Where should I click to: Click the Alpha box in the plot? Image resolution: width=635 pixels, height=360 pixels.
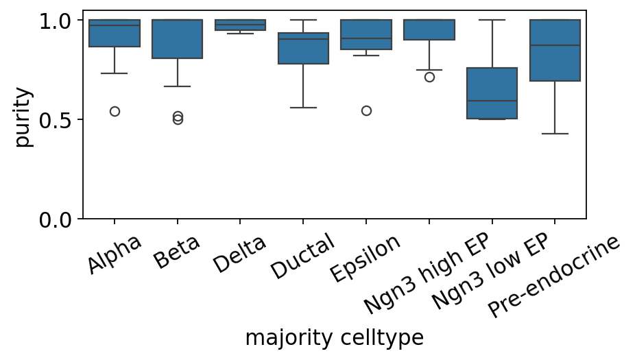tap(115, 33)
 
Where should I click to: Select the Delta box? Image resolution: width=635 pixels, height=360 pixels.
tap(240, 25)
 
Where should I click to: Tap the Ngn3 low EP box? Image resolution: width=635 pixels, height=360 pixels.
tap(492, 93)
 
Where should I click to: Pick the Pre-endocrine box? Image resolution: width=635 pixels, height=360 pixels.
tap(555, 50)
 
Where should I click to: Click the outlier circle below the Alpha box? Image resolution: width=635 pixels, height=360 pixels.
tap(115, 111)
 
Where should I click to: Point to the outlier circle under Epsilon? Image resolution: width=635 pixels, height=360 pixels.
tap(366, 110)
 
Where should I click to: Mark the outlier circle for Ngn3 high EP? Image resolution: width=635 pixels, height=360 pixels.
tap(429, 77)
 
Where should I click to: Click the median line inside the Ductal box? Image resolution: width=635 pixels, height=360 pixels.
tap(303, 39)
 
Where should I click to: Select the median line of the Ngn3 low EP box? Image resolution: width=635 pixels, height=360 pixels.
tap(492, 100)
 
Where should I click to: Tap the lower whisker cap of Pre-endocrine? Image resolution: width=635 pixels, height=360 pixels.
tap(555, 134)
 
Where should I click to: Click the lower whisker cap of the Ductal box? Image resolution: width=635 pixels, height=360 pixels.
tap(303, 108)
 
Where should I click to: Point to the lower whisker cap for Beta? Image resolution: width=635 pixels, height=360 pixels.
tap(178, 86)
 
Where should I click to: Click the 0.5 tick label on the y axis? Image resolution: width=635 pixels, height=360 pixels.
tap(55, 119)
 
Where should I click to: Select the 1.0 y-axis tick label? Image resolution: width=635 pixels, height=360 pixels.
tap(55, 21)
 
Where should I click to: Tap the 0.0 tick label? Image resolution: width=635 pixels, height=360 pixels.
tap(55, 220)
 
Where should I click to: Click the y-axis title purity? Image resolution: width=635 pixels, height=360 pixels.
tap(22, 117)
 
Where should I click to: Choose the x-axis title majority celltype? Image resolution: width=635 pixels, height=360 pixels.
tap(335, 338)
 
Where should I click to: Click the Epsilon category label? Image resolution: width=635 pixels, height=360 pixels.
tap(366, 258)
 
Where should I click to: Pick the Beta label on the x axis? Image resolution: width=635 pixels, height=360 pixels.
tap(177, 252)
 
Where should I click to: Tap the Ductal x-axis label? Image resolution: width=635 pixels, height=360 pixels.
tap(302, 256)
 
